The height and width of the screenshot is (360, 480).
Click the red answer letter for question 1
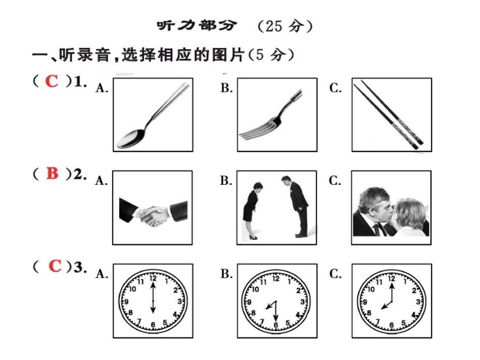[x=52, y=81]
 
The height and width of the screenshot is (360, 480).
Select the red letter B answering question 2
[x=52, y=173]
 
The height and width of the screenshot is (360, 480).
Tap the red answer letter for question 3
[x=55, y=266]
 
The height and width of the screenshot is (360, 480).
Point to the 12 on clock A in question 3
[x=153, y=278]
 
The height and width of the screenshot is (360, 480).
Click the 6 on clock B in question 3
[x=275, y=325]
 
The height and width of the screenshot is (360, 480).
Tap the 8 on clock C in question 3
[x=369, y=313]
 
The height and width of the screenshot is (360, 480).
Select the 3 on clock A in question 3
[x=180, y=301]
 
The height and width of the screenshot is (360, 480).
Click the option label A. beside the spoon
[x=102, y=88]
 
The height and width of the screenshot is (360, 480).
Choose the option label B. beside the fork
[x=226, y=88]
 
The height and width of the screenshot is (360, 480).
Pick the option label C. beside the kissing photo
[x=335, y=181]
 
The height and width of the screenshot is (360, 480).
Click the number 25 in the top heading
[x=274, y=26]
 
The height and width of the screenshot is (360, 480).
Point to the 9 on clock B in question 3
[x=249, y=302]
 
